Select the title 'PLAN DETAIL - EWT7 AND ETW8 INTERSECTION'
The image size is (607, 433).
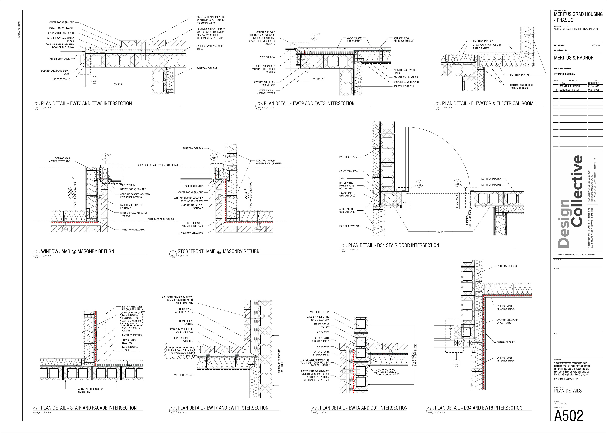click(86, 103)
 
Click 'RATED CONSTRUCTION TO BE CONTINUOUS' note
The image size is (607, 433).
click(521, 86)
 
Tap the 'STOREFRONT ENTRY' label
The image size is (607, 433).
click(193, 186)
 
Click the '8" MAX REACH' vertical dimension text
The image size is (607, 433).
click(457, 200)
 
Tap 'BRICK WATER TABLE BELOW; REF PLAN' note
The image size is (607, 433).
click(132, 308)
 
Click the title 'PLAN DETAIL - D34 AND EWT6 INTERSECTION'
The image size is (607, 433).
click(478, 408)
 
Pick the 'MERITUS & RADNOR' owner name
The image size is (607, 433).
click(574, 58)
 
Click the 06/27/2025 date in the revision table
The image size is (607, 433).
click(593, 90)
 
